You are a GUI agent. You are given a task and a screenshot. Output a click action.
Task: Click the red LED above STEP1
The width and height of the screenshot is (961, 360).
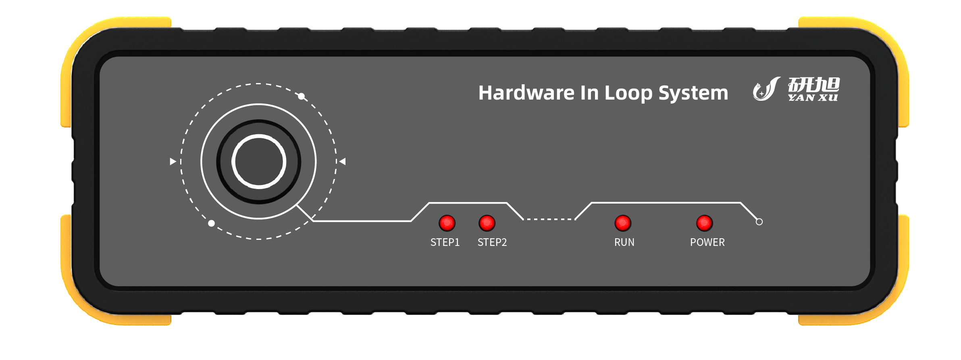[447, 223]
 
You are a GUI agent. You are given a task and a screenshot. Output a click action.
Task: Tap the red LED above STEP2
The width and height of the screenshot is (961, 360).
[487, 223]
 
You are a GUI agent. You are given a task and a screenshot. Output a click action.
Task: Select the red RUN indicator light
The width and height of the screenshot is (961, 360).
[622, 223]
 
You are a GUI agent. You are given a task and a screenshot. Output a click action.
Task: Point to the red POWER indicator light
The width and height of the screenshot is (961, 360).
[704, 223]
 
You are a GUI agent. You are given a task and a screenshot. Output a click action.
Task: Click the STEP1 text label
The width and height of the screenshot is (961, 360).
[445, 242]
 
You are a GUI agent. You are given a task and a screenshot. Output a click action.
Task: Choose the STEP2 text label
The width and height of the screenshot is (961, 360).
[492, 242]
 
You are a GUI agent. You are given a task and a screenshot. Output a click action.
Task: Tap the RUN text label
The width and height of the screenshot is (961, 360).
[624, 242]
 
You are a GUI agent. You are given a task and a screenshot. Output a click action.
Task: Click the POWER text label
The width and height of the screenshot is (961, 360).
[707, 242]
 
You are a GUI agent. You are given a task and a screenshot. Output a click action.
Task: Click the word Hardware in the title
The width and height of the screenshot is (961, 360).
[526, 93]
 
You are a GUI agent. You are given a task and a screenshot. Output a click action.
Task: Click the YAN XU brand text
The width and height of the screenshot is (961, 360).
[813, 98]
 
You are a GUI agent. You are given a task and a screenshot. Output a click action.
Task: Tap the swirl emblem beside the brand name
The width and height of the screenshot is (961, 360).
[766, 89]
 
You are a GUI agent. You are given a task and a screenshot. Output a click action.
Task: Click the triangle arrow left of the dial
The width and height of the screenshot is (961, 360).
[173, 162]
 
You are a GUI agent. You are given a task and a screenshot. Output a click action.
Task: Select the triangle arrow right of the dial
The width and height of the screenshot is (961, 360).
[342, 162]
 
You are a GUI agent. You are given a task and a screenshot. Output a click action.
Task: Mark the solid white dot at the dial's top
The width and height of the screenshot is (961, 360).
[301, 96]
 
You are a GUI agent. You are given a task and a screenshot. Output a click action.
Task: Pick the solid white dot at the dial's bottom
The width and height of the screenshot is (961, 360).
[211, 223]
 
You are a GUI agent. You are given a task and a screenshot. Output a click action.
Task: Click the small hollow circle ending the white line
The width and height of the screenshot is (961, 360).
[759, 222]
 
